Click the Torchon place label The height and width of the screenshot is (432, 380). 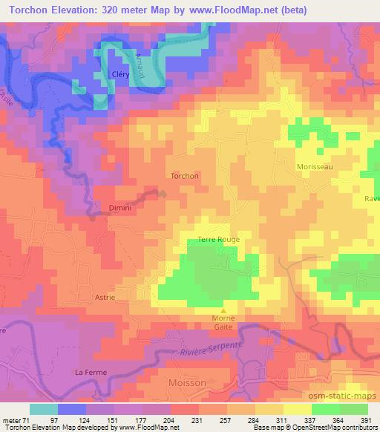point(185,176)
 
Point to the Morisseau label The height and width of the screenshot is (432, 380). point(315,167)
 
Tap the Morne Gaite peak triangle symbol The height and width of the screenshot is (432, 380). point(223,310)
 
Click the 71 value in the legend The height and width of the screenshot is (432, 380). point(27,419)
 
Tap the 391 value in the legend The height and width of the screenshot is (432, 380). point(366,419)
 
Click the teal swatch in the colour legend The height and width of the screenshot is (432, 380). point(44,408)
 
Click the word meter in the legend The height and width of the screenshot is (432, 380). point(12,419)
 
